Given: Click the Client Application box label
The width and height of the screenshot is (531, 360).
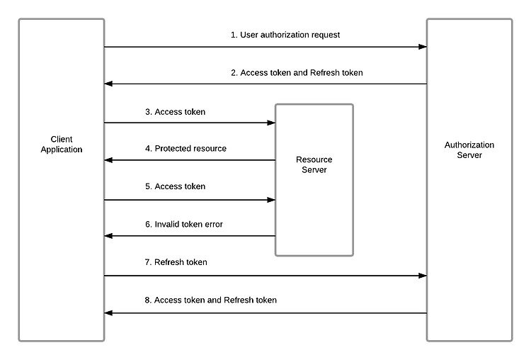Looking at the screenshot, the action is tap(62, 145).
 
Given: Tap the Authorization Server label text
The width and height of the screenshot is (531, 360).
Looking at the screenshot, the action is tap(469, 150).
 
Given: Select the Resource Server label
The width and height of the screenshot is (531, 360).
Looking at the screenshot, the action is tap(314, 164).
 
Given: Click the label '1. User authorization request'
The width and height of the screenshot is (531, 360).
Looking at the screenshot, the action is tap(285, 35).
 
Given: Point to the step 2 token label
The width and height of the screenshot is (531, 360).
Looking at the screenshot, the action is tap(297, 72).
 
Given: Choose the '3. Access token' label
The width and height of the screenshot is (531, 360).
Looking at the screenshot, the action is tap(175, 112).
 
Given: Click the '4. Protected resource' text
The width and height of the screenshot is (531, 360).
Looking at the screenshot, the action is tap(185, 149).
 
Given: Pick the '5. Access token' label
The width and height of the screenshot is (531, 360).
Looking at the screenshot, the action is tap(175, 186).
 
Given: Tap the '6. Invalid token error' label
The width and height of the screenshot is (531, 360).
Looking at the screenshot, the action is tap(184, 225).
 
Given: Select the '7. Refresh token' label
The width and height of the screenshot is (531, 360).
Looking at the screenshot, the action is tap(176, 262).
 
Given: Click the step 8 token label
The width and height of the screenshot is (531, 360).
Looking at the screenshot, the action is tap(211, 300).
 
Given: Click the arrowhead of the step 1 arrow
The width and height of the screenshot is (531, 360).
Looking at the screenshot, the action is tap(423, 47).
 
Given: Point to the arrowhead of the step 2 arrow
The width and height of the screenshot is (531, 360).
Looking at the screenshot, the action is tap(108, 84).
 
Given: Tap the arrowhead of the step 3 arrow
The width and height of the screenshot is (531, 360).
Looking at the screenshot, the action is tap(271, 123).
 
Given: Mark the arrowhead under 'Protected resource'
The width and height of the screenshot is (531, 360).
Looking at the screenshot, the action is tap(108, 160).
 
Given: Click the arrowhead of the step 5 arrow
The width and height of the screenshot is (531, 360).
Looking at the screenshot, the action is tap(271, 200).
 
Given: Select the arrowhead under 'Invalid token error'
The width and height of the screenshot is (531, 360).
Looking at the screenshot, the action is tap(108, 236).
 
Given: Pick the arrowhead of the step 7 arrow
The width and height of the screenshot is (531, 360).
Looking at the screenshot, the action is tap(423, 276).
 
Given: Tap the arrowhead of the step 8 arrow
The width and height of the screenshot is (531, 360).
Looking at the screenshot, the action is tap(108, 313).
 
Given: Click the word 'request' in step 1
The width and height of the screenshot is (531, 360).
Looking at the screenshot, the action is tap(326, 35).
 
